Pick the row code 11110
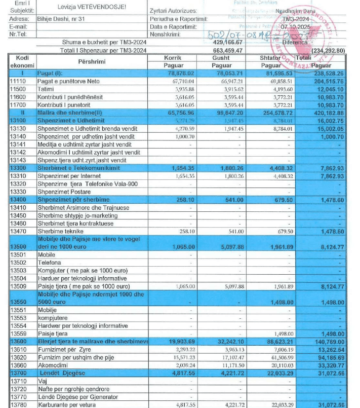(x=19, y=81)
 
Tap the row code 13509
(x=19, y=286)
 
